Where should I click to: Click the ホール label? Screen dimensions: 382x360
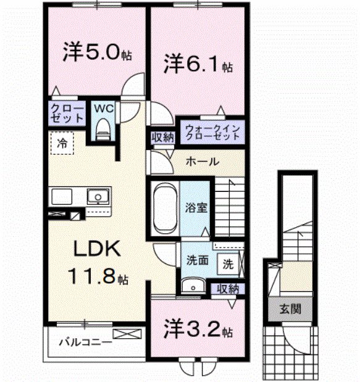pyautogui.click(x=201, y=162)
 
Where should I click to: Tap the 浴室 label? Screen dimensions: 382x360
pyautogui.click(x=198, y=208)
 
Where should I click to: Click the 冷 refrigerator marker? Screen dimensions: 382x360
pyautogui.click(x=62, y=143)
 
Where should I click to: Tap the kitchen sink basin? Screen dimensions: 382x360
pyautogui.click(x=97, y=197)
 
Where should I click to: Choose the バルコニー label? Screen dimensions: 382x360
pyautogui.click(x=86, y=340)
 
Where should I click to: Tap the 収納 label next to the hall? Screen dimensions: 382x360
pyautogui.click(x=162, y=137)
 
